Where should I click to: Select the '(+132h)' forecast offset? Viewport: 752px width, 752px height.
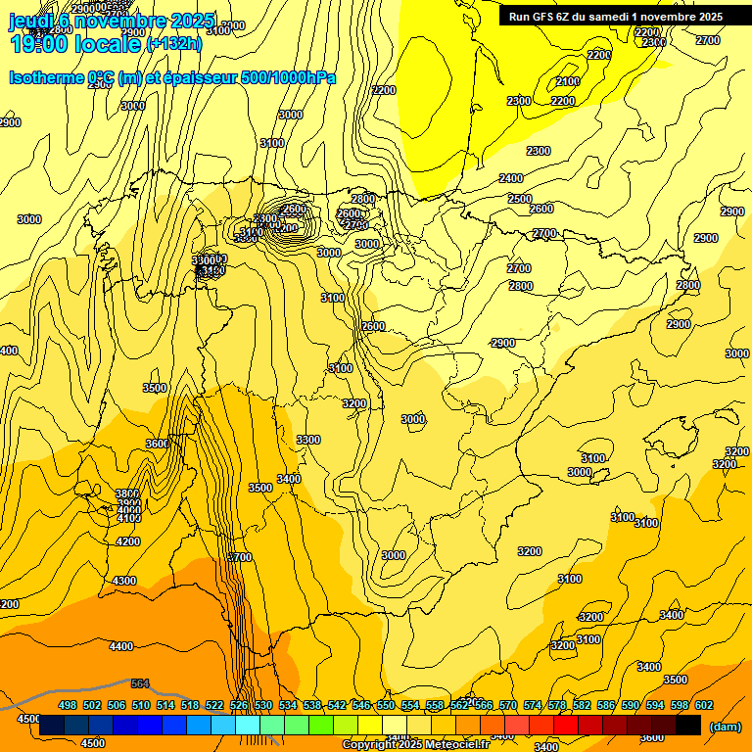point(174,44)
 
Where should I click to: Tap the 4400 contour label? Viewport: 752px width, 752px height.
point(121,646)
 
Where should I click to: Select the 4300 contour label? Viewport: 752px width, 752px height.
point(124,581)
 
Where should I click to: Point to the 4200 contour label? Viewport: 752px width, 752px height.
point(128,541)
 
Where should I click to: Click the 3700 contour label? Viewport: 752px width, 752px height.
point(240,557)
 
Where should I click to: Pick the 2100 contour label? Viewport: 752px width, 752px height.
point(568,81)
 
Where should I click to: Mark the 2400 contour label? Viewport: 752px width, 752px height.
point(511,178)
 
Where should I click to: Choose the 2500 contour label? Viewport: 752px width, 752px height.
point(520,199)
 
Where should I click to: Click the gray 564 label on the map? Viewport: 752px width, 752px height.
point(140,683)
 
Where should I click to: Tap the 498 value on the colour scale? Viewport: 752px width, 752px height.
point(68,705)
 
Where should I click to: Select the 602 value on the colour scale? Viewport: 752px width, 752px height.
point(704,705)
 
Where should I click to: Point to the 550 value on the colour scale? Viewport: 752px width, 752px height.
point(386,705)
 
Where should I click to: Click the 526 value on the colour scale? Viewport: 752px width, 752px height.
point(239,705)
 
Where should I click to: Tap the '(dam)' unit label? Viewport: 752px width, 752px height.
point(726,726)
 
